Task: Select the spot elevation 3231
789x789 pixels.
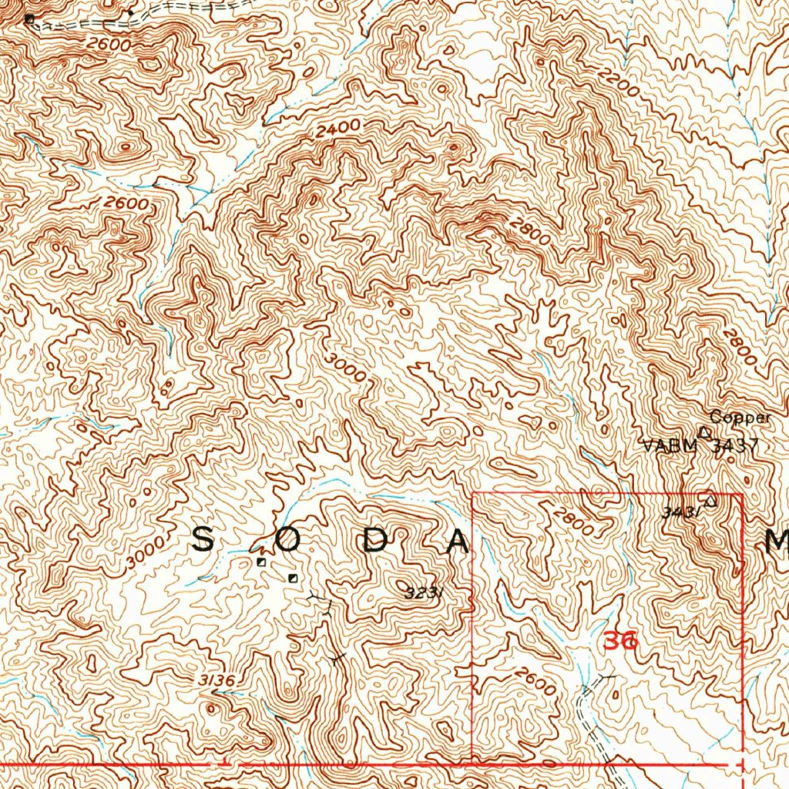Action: (x=422, y=593)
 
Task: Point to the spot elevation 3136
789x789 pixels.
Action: (x=215, y=680)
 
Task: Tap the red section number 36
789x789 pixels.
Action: (x=620, y=640)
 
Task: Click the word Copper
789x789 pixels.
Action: (x=740, y=418)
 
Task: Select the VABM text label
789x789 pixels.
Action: (x=669, y=445)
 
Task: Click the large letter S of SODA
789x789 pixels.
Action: (x=202, y=541)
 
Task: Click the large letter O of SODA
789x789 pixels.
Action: (x=287, y=542)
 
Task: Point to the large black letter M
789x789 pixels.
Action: (x=777, y=545)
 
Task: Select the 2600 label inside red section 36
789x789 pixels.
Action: (x=535, y=682)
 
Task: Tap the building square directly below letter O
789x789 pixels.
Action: (x=292, y=578)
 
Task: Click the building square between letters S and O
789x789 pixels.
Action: (x=261, y=562)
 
